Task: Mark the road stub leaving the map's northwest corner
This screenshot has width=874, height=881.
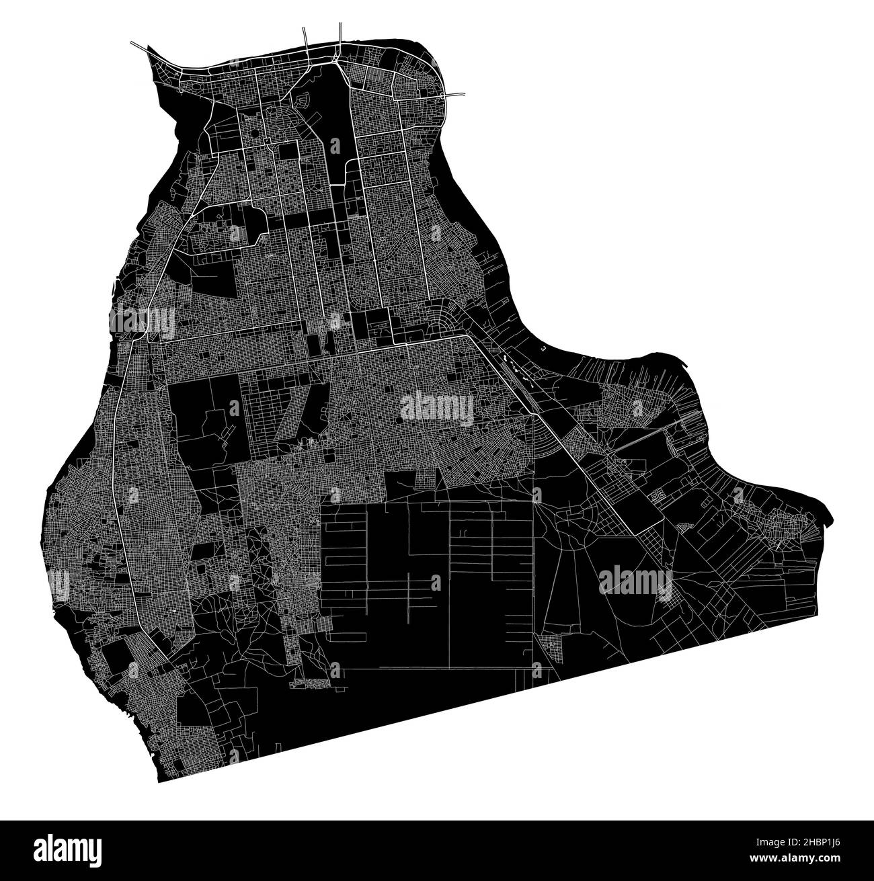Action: coord(138,46)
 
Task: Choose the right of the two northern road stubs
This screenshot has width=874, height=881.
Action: coord(340,34)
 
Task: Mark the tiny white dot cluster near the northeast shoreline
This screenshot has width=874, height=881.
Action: coord(543,349)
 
